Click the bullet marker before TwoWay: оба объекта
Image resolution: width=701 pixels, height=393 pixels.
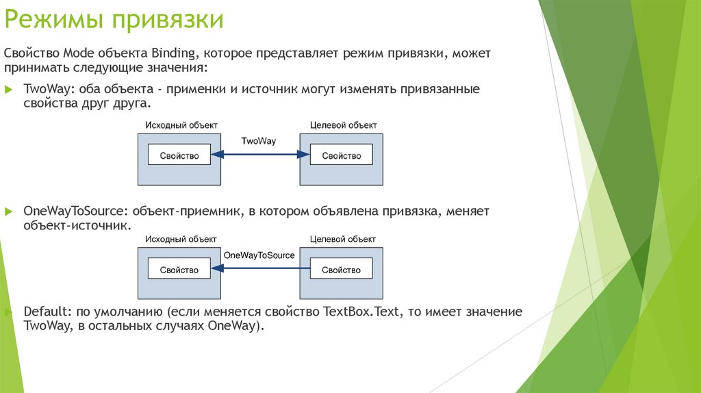coord(8,90)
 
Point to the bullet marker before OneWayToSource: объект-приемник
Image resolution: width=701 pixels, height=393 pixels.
coord(8,212)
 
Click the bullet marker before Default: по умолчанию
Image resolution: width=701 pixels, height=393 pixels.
coord(8,312)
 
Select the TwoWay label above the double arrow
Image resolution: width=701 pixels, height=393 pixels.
coord(259,140)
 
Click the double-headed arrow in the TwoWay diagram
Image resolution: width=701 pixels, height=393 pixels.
coord(260,155)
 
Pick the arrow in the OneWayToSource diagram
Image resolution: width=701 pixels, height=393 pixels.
coord(260,268)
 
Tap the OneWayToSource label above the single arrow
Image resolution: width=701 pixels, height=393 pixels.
coord(259,255)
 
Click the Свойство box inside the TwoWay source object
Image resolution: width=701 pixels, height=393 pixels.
coord(179,155)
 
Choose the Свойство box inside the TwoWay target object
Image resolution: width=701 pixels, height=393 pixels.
coord(341,155)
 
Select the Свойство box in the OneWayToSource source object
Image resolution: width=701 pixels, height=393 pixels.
coord(179,269)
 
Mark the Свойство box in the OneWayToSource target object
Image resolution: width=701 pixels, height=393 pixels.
coord(341,269)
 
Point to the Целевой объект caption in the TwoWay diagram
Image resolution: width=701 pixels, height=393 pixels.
coord(343,125)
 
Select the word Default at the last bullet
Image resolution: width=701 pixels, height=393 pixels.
coord(42,312)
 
